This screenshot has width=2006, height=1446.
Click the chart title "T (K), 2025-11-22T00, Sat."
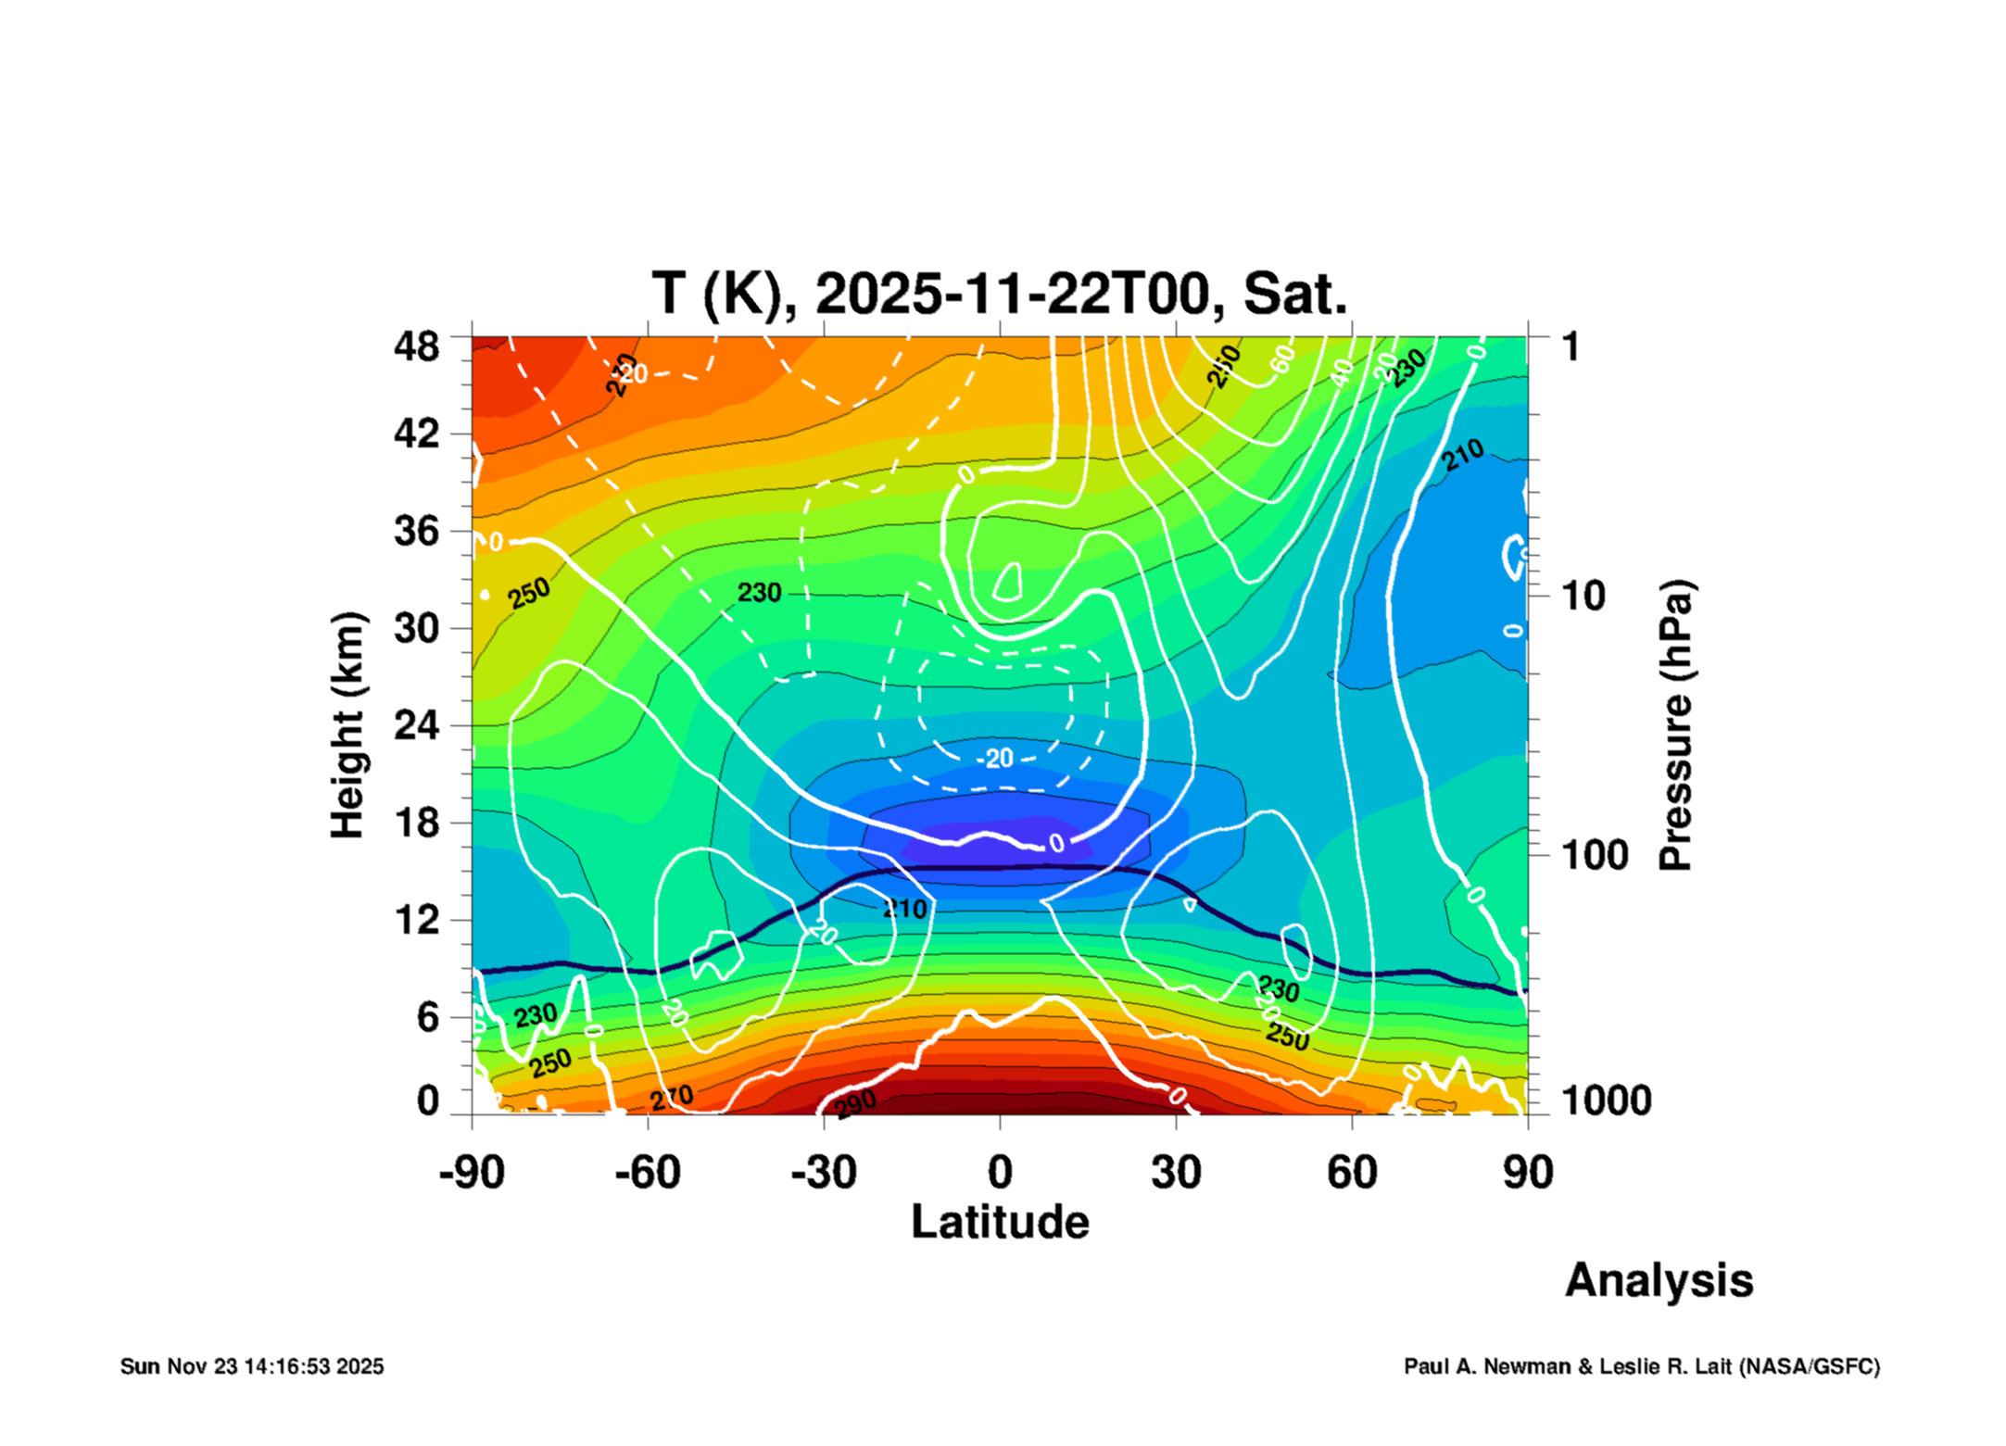click(999, 295)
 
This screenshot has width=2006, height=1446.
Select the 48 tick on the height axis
click(416, 347)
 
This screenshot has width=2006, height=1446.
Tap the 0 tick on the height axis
click(427, 1101)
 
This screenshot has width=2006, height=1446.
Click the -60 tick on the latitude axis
click(647, 1173)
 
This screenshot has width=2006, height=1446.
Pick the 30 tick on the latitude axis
click(1176, 1173)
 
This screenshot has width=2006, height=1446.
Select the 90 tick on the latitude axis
click(1527, 1173)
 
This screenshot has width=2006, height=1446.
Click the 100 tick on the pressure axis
click(1594, 855)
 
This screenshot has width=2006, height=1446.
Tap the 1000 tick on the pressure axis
click(1606, 1101)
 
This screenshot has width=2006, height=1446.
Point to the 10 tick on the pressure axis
click(1583, 597)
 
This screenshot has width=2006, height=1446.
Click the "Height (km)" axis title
click(348, 725)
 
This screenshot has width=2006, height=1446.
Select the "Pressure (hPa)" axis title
click(1675, 725)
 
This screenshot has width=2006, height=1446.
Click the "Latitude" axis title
click(1000, 1222)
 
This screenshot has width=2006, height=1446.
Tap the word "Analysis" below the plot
click(1659, 1280)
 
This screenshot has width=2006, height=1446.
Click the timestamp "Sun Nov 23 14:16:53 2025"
click(252, 1366)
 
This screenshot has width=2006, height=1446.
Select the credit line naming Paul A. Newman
click(1641, 1366)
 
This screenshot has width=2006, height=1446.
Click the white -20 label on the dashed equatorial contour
click(996, 759)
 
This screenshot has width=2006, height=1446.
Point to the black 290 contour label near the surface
click(854, 1104)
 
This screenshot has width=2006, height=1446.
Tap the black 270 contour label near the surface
click(671, 1098)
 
